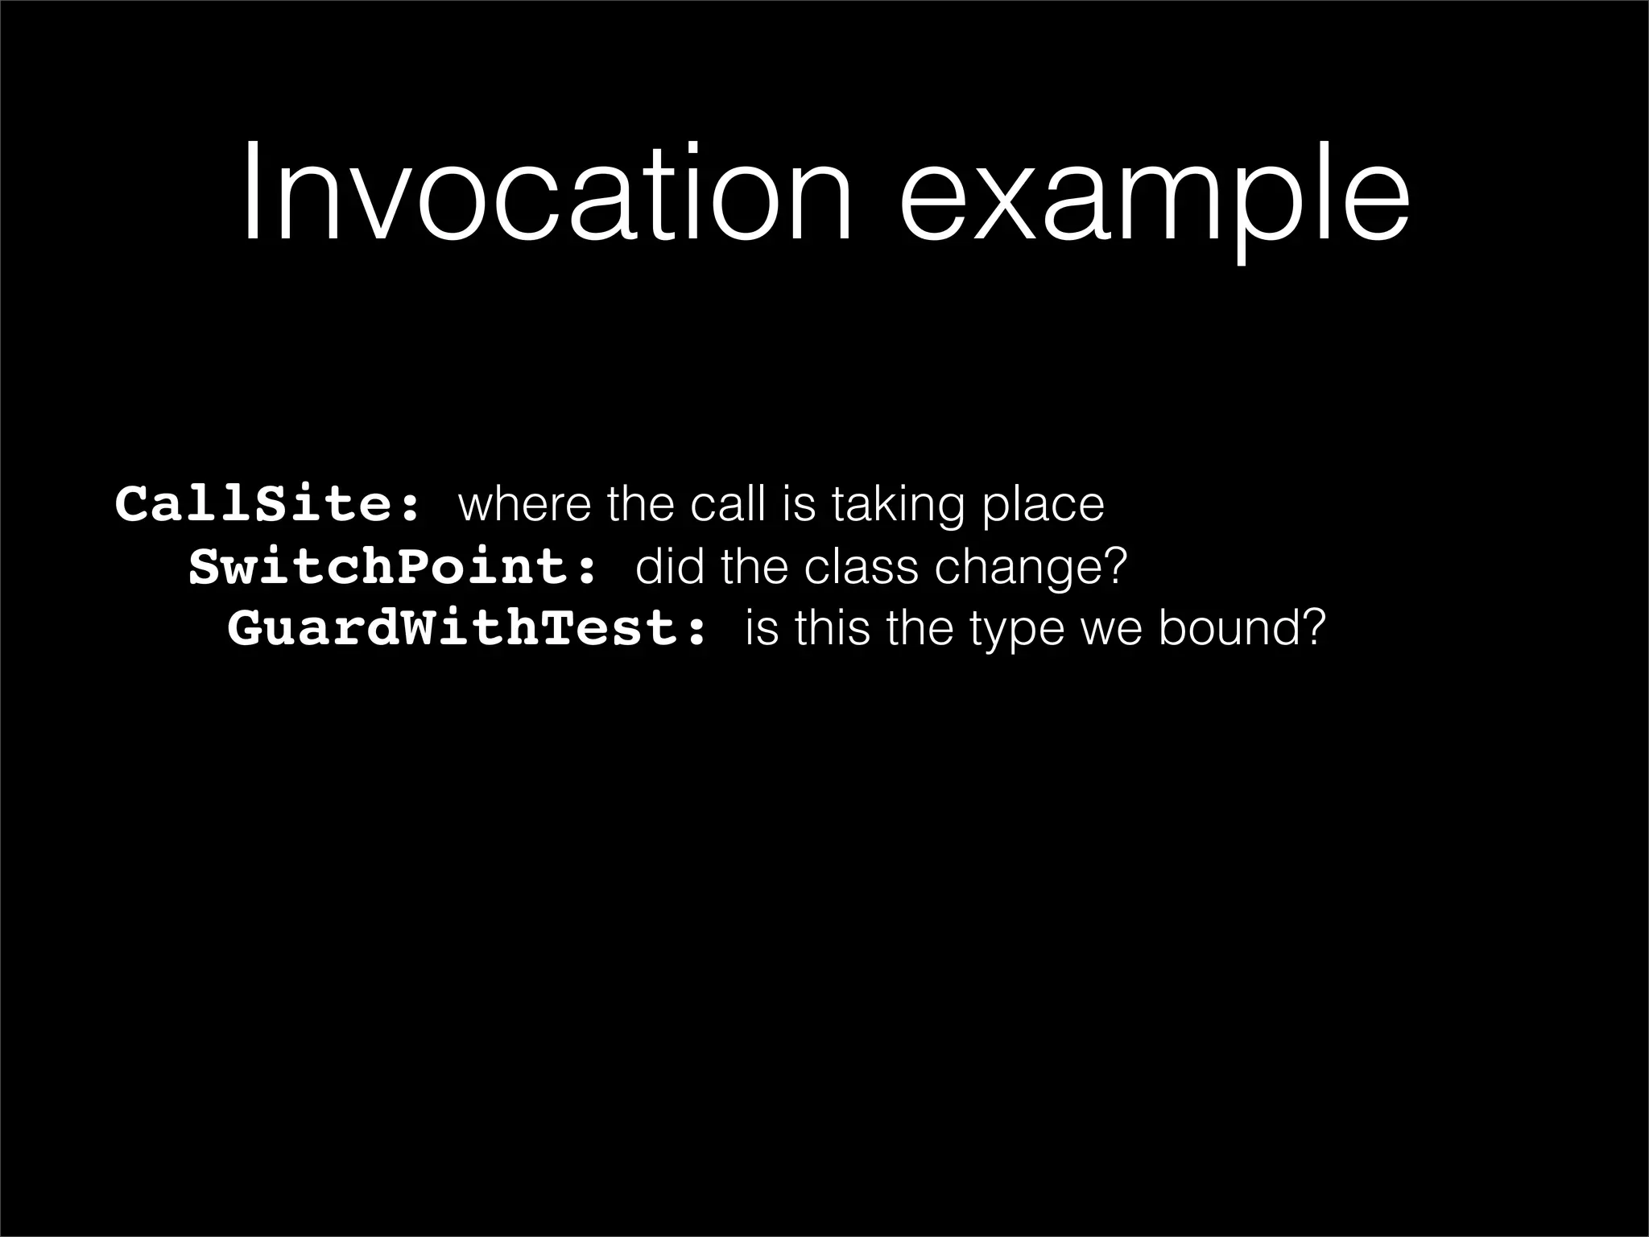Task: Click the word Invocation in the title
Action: [546, 193]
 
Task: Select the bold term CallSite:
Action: [268, 505]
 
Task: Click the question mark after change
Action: [1114, 567]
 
